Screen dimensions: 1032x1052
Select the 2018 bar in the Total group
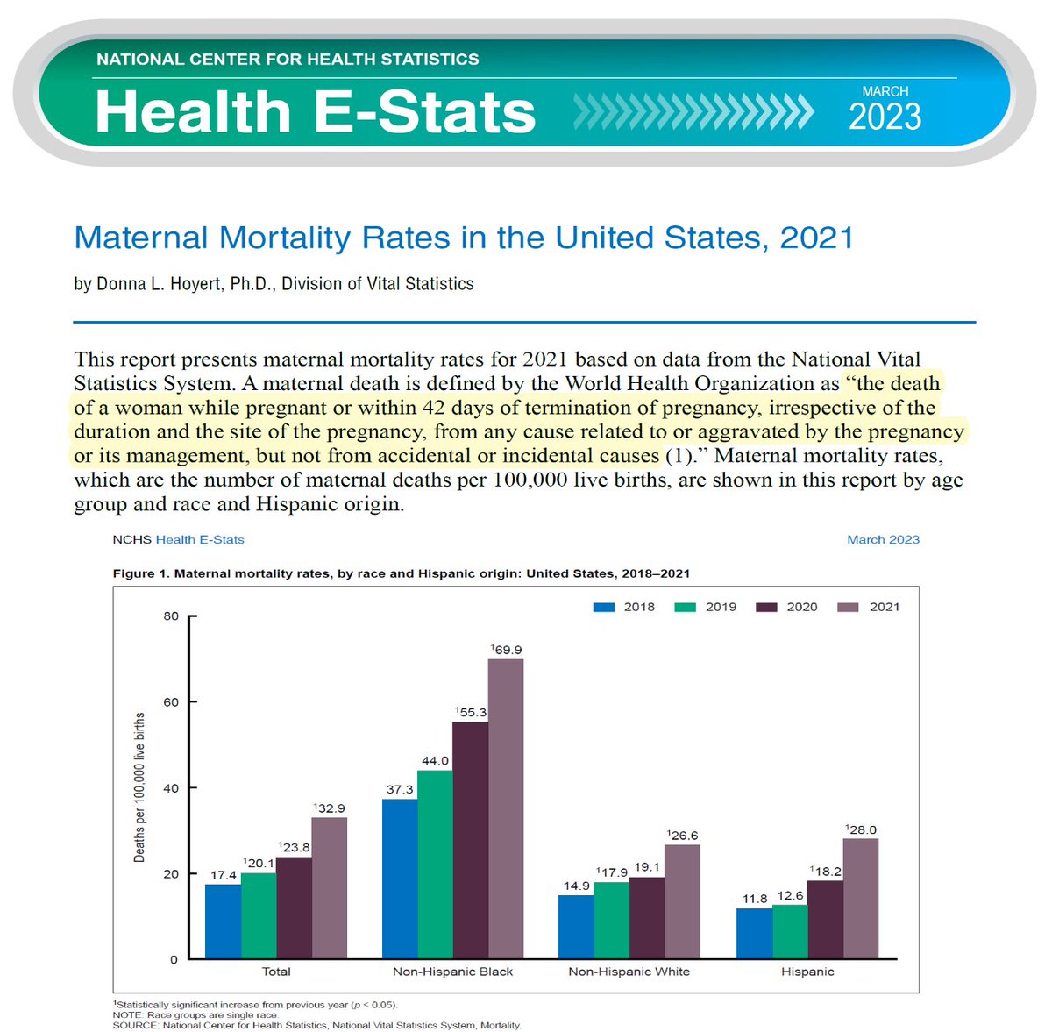point(223,922)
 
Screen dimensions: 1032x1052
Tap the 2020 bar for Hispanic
point(825,920)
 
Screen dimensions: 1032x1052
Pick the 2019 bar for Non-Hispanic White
point(612,921)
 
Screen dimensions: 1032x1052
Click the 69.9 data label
point(508,650)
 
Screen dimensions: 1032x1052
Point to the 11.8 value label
point(755,899)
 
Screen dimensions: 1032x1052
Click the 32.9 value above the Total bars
point(331,808)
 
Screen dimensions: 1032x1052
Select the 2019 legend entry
point(707,607)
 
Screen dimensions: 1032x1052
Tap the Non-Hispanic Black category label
point(453,972)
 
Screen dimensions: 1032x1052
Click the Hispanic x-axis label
point(807,972)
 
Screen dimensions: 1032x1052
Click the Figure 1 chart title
point(402,573)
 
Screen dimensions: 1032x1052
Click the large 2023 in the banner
point(885,117)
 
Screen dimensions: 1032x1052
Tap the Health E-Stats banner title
point(315,112)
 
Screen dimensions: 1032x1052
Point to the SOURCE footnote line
point(316,1025)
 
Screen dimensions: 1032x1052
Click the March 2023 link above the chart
point(883,540)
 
